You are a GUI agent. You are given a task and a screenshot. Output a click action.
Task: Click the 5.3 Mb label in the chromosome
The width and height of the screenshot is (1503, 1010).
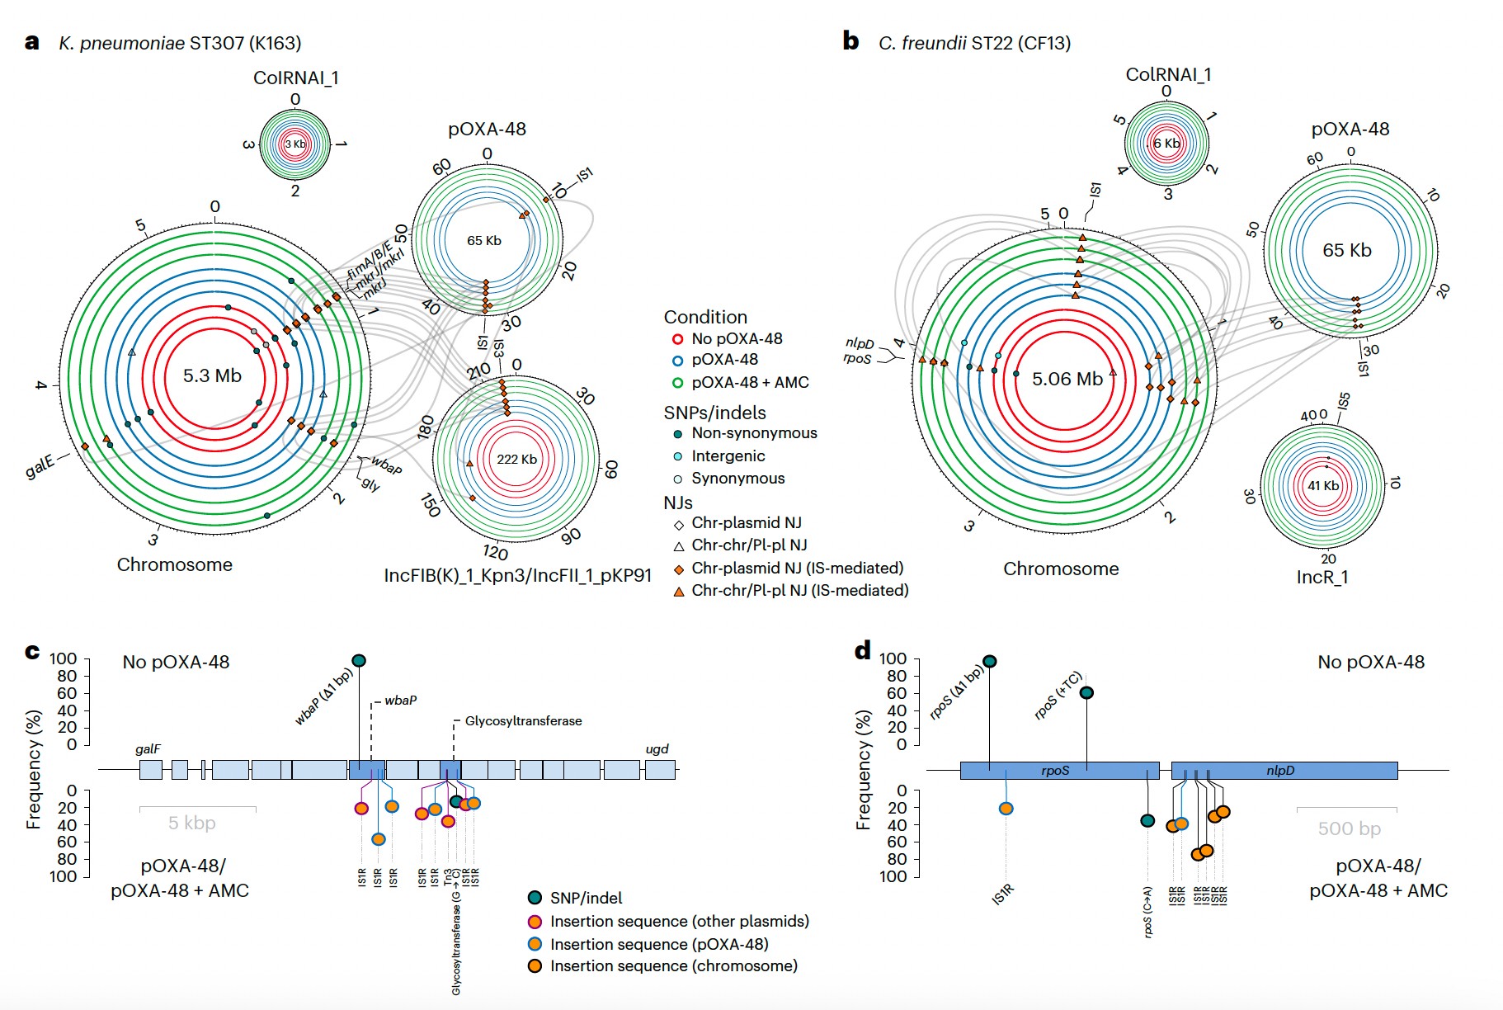pos(212,376)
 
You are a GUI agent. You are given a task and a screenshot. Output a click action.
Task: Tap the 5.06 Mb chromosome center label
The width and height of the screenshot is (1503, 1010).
pos(1067,380)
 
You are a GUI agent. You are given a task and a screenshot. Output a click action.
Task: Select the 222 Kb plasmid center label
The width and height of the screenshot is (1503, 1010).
pos(516,460)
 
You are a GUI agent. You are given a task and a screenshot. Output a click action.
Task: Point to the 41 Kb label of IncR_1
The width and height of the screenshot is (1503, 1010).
pos(1323,486)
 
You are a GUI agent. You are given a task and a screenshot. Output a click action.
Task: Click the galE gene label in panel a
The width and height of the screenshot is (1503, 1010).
pos(40,466)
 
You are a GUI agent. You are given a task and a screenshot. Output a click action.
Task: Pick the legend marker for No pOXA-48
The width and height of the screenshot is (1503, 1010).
pos(677,339)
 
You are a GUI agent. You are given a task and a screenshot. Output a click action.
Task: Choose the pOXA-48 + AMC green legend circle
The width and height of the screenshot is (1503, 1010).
pos(677,383)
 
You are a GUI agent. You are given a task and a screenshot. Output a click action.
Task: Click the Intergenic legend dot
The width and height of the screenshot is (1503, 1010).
pos(678,456)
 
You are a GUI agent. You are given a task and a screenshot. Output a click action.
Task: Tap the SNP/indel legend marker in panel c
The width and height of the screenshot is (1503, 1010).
pos(535,898)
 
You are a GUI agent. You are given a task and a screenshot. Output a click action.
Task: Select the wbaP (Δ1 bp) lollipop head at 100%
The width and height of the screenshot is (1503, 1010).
pos(359,660)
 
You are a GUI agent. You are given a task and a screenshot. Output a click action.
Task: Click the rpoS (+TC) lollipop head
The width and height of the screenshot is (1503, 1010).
pos(1086,692)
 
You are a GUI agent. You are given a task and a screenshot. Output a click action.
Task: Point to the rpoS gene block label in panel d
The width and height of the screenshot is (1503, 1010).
pos(1055,771)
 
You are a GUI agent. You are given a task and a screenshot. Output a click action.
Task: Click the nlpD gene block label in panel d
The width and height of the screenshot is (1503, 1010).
pos(1280,771)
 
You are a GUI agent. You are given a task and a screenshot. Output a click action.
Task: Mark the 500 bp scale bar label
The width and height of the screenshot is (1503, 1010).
pos(1349,828)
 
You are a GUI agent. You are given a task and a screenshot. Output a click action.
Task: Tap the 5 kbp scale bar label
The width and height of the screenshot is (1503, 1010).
pos(192,823)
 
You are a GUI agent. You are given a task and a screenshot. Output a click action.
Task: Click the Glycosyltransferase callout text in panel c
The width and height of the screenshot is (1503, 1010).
pos(523,721)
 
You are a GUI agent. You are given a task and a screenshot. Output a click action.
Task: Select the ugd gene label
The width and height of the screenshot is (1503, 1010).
pos(657,749)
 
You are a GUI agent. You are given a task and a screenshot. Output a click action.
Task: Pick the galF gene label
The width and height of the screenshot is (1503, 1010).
pos(148,749)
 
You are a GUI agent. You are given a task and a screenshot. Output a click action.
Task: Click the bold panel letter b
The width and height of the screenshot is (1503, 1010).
pos(850,41)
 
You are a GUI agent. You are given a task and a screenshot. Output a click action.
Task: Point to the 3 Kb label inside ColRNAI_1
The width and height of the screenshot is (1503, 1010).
pos(295,144)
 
